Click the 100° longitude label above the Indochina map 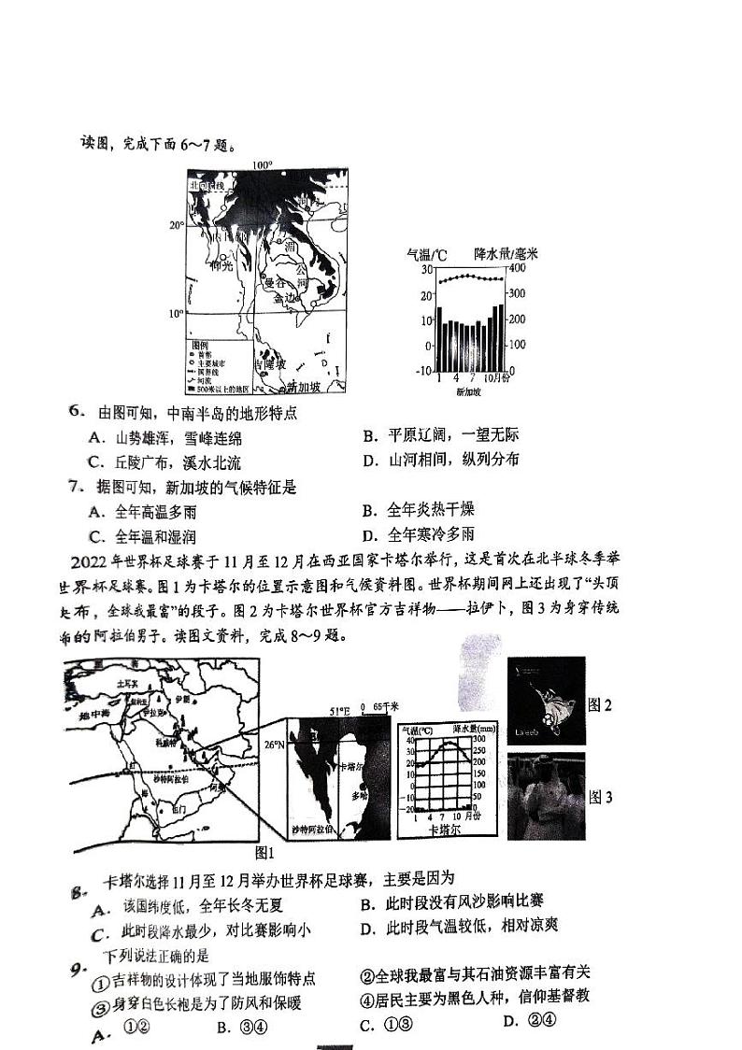pos(262,165)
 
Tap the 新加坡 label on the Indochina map pos(304,387)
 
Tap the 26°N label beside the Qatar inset pos(272,745)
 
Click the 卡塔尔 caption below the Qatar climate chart pos(445,829)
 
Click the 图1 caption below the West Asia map pos(265,852)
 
